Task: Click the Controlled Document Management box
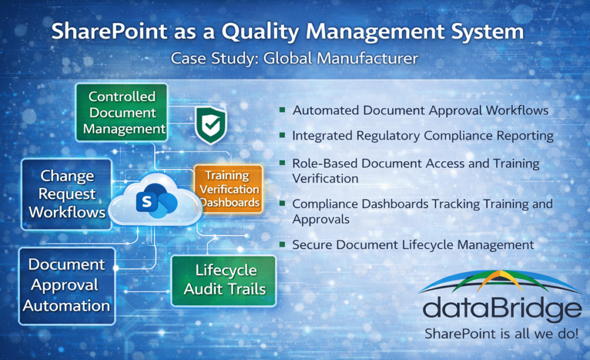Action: click(122, 112)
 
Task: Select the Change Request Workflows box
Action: click(67, 194)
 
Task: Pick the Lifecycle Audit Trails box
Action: click(224, 279)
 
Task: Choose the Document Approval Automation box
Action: click(67, 285)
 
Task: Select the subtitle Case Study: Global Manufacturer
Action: click(294, 59)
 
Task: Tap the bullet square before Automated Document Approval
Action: click(282, 109)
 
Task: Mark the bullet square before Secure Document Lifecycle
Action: click(282, 244)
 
